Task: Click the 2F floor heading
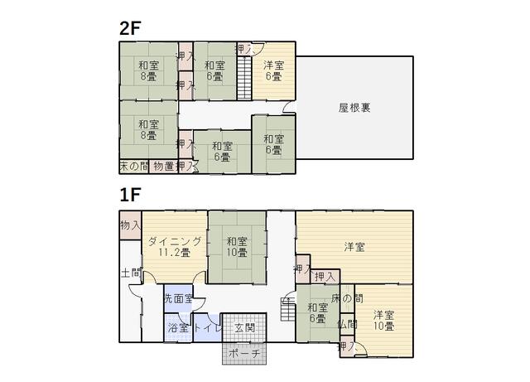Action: (x=130, y=28)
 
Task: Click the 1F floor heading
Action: (x=130, y=195)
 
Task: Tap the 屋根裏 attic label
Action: (x=354, y=108)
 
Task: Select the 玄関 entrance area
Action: (x=244, y=328)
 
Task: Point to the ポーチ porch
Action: (x=244, y=354)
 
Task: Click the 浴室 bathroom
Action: (x=178, y=328)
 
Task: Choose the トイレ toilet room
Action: (x=208, y=328)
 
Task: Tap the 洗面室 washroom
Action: (x=178, y=298)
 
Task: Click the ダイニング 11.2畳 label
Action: (x=175, y=247)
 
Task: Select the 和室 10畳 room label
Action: (x=237, y=247)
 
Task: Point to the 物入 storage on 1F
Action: (x=131, y=225)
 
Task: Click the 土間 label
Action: (x=131, y=273)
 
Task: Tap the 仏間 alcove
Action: (x=347, y=324)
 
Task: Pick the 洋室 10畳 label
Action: (x=383, y=321)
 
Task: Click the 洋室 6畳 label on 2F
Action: (x=274, y=70)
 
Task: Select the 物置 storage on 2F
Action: (x=164, y=166)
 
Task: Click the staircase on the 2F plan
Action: (x=244, y=78)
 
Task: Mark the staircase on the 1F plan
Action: (x=287, y=309)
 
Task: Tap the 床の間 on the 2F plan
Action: (x=134, y=166)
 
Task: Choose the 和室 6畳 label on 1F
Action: (x=318, y=313)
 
